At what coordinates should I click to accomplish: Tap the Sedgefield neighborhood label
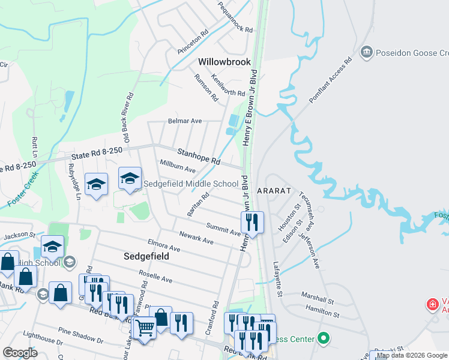pyautogui.click(x=146, y=256)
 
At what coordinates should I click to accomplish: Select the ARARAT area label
pyautogui.click(x=274, y=190)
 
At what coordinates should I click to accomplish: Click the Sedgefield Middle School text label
pyautogui.click(x=190, y=184)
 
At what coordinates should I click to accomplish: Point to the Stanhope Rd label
pyautogui.click(x=199, y=157)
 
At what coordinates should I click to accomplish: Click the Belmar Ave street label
pyautogui.click(x=185, y=121)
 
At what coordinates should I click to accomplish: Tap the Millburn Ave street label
pyautogui.click(x=177, y=166)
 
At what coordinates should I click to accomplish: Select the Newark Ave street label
pyautogui.click(x=196, y=238)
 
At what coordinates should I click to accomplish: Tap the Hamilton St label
pyautogui.click(x=318, y=311)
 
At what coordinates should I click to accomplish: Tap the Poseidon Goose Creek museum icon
pyautogui.click(x=366, y=53)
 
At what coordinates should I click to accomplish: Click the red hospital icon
pyautogui.click(x=432, y=305)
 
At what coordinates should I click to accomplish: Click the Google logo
pyautogui.click(x=20, y=353)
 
